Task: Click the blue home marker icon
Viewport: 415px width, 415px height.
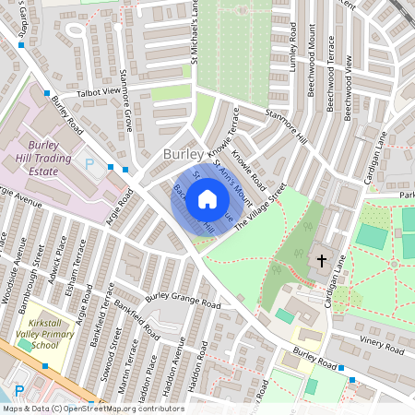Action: [x=207, y=198]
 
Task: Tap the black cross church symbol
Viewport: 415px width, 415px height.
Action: [x=322, y=261]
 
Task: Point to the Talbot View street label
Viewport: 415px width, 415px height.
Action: [x=99, y=91]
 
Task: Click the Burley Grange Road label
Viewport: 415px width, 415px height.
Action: [x=184, y=302]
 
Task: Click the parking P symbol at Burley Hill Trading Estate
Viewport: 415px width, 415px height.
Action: [x=89, y=163]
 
